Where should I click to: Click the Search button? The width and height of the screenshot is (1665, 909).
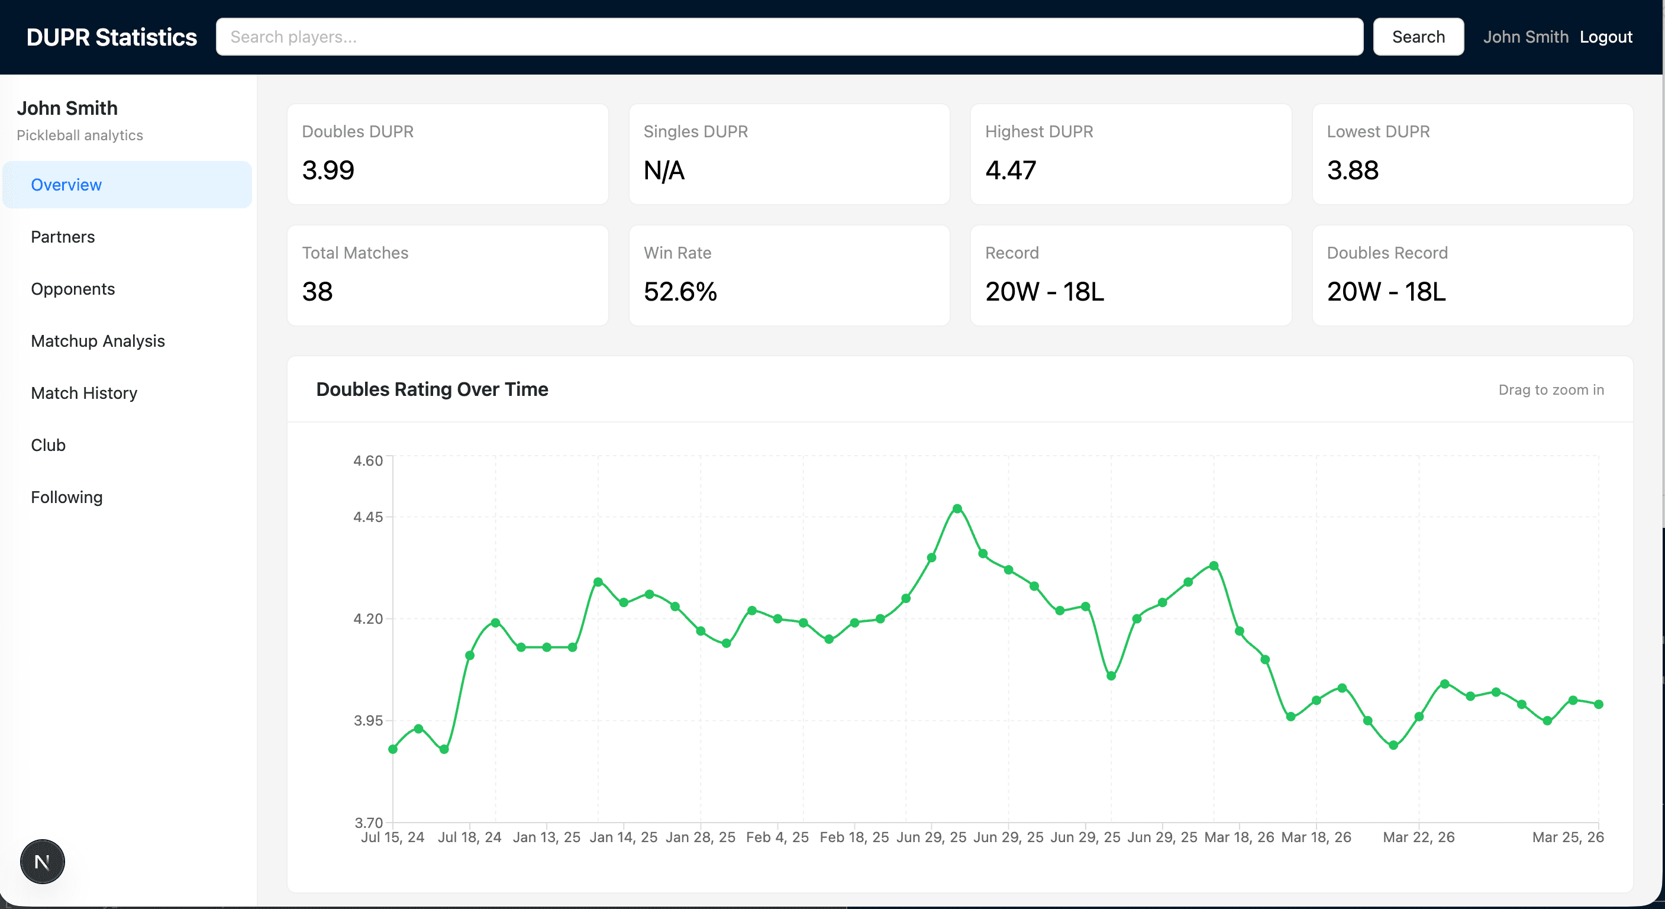pos(1418,37)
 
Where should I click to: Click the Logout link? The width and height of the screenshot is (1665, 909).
pos(1606,37)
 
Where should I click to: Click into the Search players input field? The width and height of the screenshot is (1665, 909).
pos(789,37)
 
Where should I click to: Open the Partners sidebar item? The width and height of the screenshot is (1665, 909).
pos(63,237)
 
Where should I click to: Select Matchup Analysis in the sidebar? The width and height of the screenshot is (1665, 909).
pos(98,341)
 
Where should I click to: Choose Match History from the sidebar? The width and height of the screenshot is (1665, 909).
pos(84,393)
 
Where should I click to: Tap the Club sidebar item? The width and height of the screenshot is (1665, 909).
pos(48,445)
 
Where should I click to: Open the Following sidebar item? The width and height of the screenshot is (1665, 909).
pos(67,497)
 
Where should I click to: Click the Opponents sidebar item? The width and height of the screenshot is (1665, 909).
pos(72,289)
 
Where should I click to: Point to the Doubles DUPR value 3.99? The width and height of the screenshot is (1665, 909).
pos(328,170)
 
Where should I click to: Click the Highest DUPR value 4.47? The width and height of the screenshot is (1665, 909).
pos(1010,170)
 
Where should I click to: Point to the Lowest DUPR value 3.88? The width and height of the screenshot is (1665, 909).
pos(1352,170)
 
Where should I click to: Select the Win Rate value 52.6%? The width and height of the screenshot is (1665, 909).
pos(680,292)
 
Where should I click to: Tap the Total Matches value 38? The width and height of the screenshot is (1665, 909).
pos(317,292)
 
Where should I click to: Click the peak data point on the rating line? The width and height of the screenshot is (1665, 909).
pos(957,509)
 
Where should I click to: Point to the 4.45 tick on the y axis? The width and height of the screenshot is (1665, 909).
pos(368,517)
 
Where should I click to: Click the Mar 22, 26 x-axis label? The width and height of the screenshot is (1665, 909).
pos(1418,837)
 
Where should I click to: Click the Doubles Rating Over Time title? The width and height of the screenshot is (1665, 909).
pos(432,389)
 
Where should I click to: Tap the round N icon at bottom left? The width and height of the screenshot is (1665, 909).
pos(42,862)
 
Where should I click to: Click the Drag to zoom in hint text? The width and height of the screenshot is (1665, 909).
pos(1551,390)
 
